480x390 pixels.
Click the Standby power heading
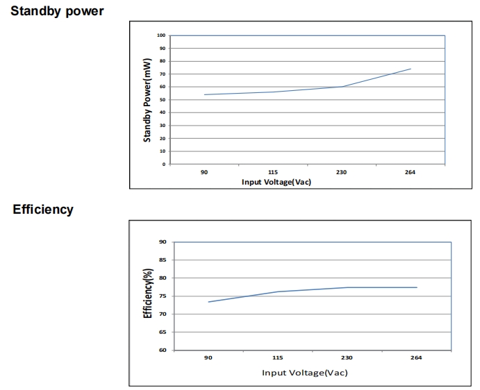[x=57, y=11]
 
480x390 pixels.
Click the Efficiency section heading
[x=42, y=210]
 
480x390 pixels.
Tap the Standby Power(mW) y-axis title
[x=147, y=100]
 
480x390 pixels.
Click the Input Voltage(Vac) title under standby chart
[x=276, y=182]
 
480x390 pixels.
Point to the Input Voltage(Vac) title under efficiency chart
[x=304, y=373]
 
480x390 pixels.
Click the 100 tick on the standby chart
[x=161, y=35]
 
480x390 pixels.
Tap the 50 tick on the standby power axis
[x=163, y=100]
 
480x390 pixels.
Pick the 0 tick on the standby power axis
[x=164, y=164]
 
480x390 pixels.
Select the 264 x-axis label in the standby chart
[x=410, y=172]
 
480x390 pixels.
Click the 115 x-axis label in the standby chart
[x=273, y=172]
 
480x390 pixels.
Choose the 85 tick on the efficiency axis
[x=163, y=260]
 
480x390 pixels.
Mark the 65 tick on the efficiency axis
[x=163, y=332]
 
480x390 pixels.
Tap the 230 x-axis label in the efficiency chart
[x=347, y=357]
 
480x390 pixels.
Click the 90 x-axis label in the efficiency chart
[x=208, y=357]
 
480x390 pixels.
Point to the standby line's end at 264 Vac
[x=411, y=69]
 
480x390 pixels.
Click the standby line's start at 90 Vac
[x=205, y=94]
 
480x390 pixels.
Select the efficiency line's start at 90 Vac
[x=208, y=302]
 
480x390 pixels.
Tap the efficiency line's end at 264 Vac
[x=417, y=287]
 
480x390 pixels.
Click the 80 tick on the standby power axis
[x=163, y=61]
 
